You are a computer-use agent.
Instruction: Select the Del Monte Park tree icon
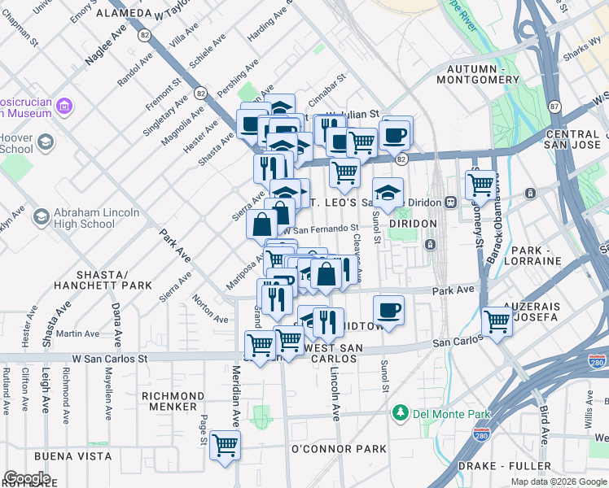pos(400,412)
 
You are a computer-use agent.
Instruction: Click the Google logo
pos(27,478)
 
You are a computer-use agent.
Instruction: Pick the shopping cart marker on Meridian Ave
pos(225,445)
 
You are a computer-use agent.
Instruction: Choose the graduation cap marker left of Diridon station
pos(389,193)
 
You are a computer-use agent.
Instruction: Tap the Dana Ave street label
pos(116,325)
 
